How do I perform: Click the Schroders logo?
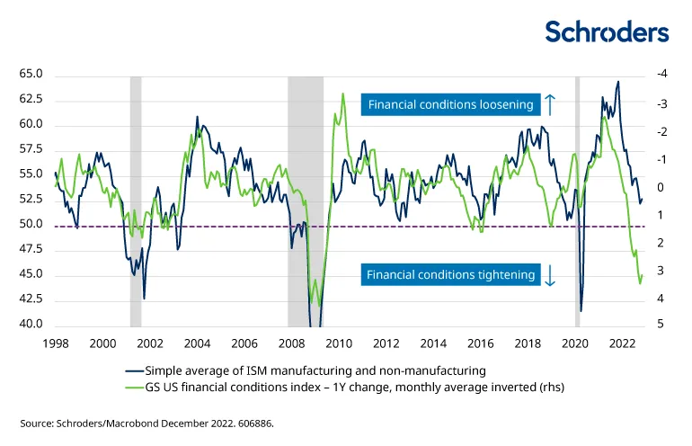[x=608, y=32]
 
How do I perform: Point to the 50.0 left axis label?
[x=31, y=225]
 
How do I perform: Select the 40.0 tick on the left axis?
[x=31, y=325]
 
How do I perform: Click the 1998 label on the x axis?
[x=56, y=343]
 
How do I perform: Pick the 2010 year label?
[x=339, y=343]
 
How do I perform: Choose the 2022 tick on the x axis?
[x=623, y=343]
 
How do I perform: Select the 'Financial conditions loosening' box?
[x=450, y=105]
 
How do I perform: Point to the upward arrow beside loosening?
[x=551, y=104]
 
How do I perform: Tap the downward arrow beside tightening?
[x=550, y=275]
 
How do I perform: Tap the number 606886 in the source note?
[x=253, y=422]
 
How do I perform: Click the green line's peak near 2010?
[x=342, y=94]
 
